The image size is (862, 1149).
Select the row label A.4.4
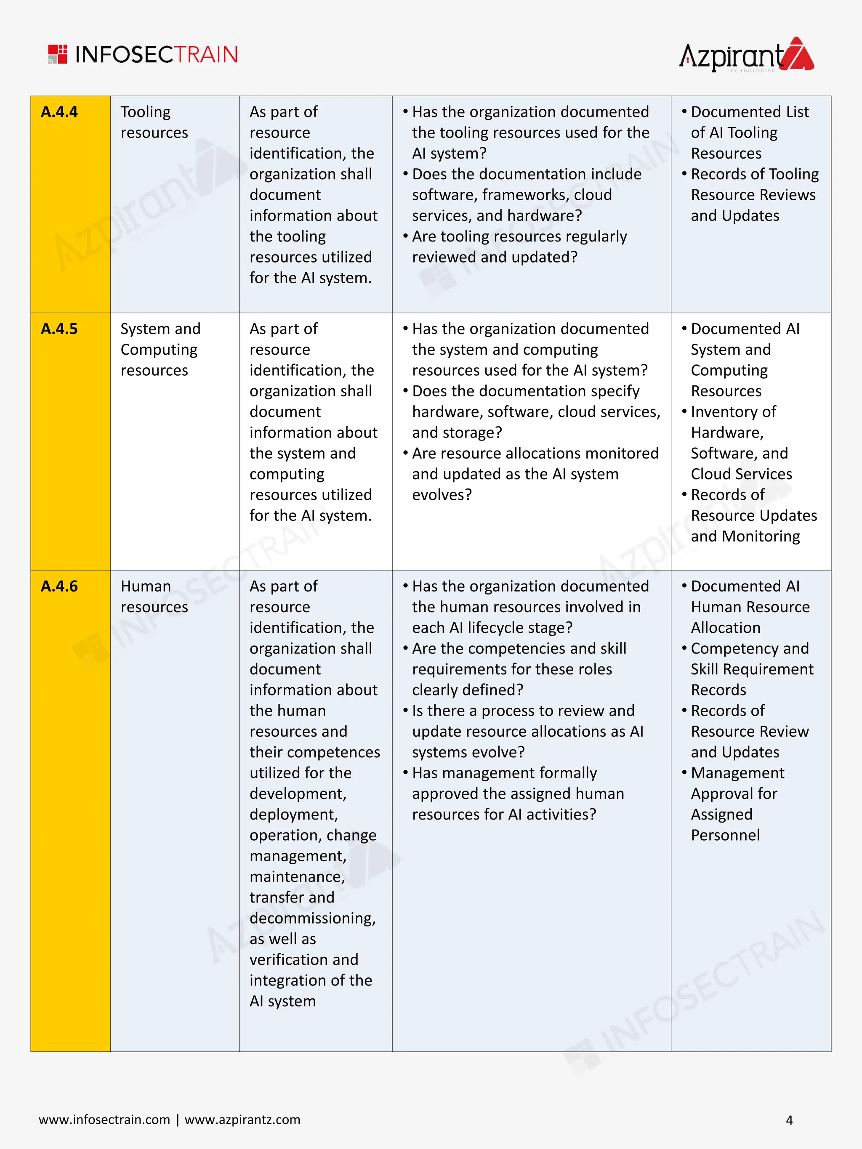pos(59,112)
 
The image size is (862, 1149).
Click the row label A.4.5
pos(59,329)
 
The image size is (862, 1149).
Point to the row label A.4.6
pos(59,586)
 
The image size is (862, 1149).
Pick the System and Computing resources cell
pos(160,350)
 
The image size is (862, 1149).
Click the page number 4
pos(789,1120)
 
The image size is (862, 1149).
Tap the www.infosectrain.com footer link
pos(104,1120)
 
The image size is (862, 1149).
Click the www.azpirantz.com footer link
pos(243,1120)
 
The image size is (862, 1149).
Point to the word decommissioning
pos(312,918)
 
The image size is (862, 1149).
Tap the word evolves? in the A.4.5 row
pos(442,495)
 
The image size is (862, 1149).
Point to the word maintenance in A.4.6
pos(297,877)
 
